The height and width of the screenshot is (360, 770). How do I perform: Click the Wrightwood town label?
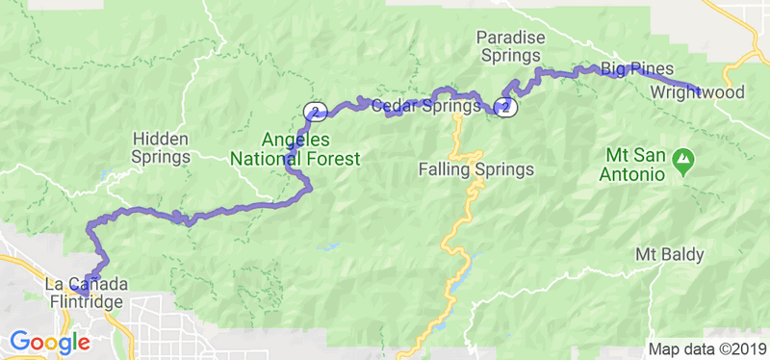[698, 93]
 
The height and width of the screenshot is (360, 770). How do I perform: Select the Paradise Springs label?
[511, 47]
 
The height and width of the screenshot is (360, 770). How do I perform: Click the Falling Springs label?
[475, 170]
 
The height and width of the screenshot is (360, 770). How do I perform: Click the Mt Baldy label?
[670, 255]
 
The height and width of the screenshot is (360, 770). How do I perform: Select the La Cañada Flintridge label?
[85, 294]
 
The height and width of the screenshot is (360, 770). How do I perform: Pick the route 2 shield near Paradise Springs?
[507, 107]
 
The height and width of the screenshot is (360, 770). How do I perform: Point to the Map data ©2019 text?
[706, 349]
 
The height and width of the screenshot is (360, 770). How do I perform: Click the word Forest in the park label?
[331, 158]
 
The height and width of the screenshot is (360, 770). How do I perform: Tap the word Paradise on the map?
[511, 38]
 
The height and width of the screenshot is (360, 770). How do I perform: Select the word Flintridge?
[85, 302]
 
